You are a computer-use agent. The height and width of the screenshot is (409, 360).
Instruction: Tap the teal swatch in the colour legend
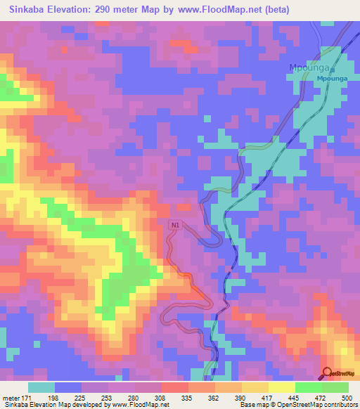(x=41, y=387)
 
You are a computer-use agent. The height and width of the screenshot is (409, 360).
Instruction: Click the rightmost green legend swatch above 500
(x=335, y=387)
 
